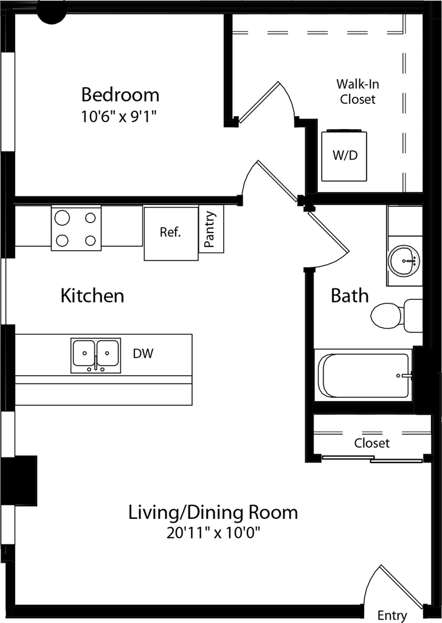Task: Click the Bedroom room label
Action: tap(120, 94)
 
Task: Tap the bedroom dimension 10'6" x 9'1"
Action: tap(119, 117)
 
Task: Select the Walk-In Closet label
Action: tap(357, 91)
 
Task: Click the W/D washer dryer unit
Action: tap(344, 155)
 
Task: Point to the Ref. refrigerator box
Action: tap(171, 233)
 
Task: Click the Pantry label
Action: tap(210, 229)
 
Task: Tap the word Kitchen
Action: tap(92, 296)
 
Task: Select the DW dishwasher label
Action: tap(143, 353)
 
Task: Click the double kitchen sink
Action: tap(95, 355)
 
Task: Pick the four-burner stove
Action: tap(76, 229)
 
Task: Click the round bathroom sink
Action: tap(404, 260)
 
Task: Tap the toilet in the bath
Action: tap(396, 316)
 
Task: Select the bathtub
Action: tap(364, 375)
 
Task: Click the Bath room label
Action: tap(350, 296)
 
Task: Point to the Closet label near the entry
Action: tap(371, 443)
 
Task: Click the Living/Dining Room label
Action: tap(213, 512)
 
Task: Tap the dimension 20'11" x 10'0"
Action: tap(213, 533)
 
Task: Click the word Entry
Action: tap(392, 616)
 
